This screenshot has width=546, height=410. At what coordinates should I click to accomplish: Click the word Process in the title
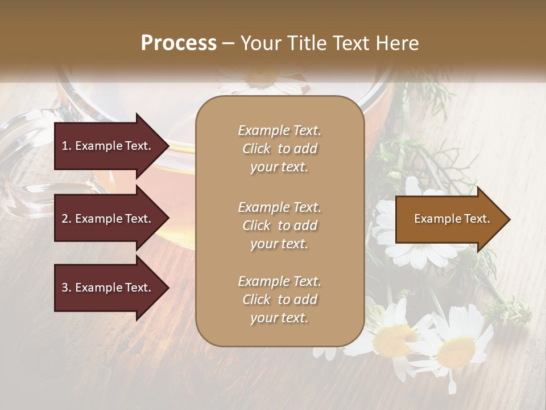[179, 43]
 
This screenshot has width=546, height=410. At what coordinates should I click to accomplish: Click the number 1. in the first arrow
[67, 146]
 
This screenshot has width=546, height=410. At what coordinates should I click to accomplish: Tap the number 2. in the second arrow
[67, 219]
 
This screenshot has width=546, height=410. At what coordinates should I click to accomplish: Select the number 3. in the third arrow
[67, 288]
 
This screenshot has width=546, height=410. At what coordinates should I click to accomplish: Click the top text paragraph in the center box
[279, 149]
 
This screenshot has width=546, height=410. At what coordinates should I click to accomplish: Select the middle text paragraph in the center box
[279, 225]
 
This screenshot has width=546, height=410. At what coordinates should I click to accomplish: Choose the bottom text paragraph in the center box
[279, 300]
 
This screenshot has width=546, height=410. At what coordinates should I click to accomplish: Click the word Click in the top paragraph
[256, 149]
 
